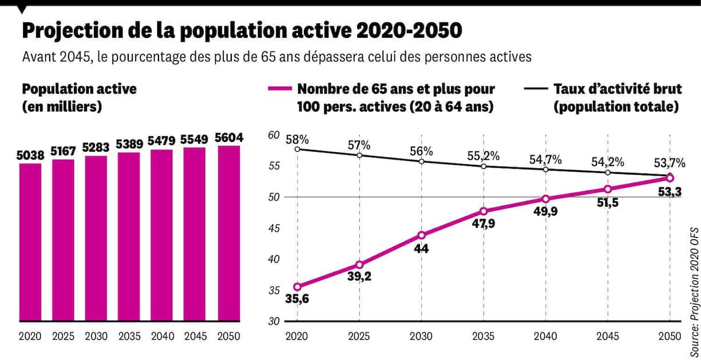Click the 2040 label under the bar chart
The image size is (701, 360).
pos(162,337)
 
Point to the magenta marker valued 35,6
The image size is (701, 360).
pos(298,287)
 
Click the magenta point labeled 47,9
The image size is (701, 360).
pos(484,211)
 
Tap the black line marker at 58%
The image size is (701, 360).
pos(298,149)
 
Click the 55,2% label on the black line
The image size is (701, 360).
pos(484,155)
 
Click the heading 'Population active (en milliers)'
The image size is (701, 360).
pos(79,98)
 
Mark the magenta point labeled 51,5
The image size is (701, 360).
pos(608,189)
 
